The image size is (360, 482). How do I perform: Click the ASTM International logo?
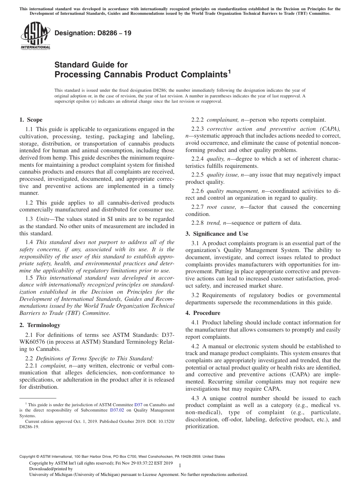pos(35,36)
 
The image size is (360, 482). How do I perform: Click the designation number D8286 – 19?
pos(93,33)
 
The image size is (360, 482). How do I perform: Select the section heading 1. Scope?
pos(31,120)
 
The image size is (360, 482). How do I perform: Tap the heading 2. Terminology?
pos(40,325)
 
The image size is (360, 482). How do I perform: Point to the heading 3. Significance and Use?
pos(217,234)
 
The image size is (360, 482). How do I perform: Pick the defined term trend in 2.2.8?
pos(214,223)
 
